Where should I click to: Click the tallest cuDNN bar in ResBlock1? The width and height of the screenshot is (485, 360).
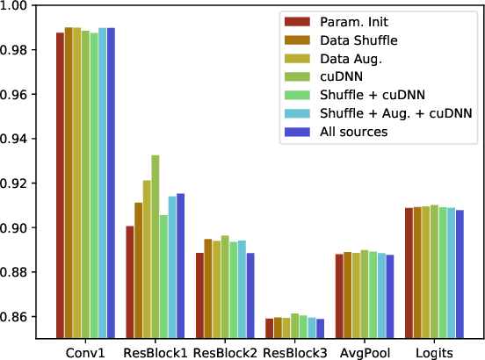(x=156, y=247)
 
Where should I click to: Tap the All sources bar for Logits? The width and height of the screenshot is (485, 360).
(x=460, y=274)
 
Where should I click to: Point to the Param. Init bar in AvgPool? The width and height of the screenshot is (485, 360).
(x=338, y=296)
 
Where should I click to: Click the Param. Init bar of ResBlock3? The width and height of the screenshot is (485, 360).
(x=269, y=328)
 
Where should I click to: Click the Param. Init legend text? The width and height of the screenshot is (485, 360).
(x=357, y=22)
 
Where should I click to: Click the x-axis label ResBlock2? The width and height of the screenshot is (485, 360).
(x=225, y=351)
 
